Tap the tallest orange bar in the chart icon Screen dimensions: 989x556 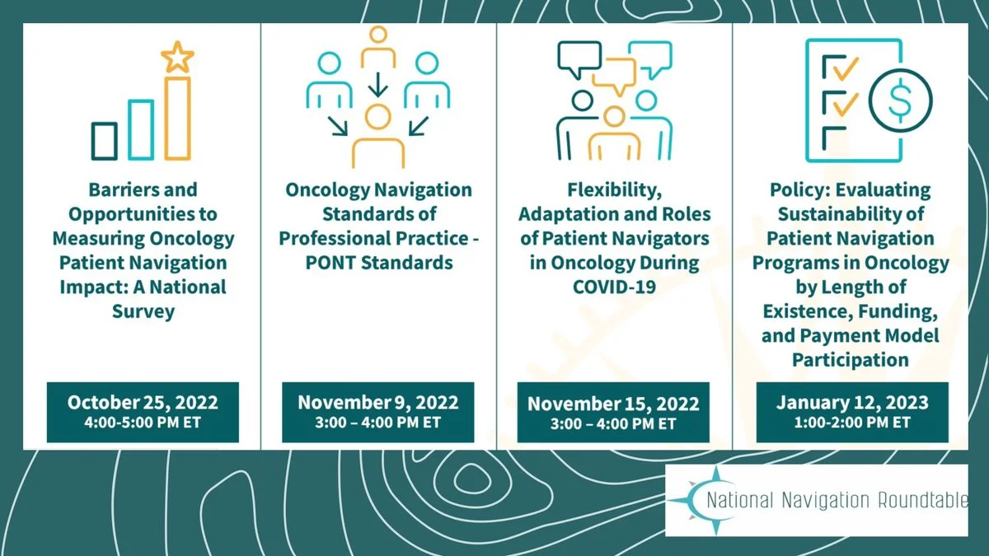coord(178,119)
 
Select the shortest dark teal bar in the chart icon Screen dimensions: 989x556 coord(104,141)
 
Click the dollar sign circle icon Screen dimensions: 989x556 coord(900,100)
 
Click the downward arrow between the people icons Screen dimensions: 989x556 coord(378,85)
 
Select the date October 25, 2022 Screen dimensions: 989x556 coord(143,403)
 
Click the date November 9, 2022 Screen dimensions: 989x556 coord(378,403)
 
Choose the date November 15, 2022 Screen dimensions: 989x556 coord(613,404)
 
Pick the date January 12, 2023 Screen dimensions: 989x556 coord(852,403)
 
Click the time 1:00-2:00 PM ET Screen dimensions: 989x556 coord(852,423)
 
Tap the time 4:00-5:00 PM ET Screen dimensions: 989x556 coord(143,423)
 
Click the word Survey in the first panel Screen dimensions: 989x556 coord(143,311)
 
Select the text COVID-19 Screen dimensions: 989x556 coord(614,287)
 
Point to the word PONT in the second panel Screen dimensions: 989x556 coord(330,263)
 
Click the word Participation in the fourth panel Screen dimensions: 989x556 coord(851,360)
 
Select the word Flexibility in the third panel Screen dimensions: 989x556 coord(614,190)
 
